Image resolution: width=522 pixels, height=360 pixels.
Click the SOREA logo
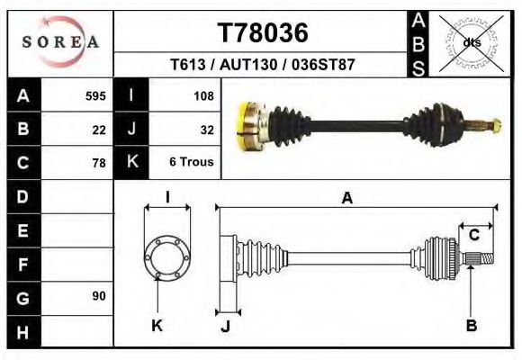(x=60, y=41)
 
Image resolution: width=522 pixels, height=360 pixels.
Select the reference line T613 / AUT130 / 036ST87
(x=263, y=66)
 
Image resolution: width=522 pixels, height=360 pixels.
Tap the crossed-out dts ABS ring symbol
(x=471, y=42)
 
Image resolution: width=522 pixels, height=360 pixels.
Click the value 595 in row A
(x=95, y=95)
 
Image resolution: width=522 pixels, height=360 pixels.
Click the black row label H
(x=22, y=331)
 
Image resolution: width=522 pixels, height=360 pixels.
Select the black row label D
(x=22, y=196)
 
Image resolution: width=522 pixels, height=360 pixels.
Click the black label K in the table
(x=131, y=163)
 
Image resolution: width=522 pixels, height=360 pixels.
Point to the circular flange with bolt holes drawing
(x=167, y=256)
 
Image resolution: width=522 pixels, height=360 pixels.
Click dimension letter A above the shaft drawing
(x=346, y=199)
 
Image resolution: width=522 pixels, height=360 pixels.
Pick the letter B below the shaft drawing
(x=471, y=325)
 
